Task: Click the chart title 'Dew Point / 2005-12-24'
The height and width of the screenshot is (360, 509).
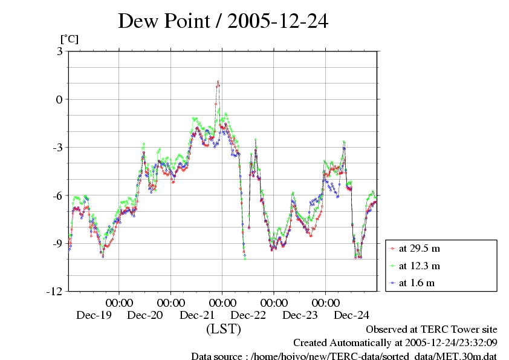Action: coord(222,22)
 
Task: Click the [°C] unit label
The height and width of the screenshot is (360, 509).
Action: coord(69,39)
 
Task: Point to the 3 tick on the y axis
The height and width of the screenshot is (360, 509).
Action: coord(59,51)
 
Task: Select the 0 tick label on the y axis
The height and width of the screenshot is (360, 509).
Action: coord(59,99)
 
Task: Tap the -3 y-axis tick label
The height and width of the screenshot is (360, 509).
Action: coord(57,148)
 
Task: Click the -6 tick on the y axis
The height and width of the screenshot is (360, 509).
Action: coord(57,195)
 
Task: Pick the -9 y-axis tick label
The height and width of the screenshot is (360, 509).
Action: coord(57,243)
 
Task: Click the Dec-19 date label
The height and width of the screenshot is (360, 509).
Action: coord(94,315)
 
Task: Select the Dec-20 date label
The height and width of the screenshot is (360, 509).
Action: coord(146,315)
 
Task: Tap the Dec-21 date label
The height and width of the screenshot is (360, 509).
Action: coord(197,315)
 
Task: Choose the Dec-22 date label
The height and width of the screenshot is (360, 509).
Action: coord(248,315)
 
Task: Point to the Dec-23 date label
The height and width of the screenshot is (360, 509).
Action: coord(300,315)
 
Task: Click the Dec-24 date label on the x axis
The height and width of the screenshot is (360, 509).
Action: coord(352,315)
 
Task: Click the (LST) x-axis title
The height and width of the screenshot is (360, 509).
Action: coord(223,329)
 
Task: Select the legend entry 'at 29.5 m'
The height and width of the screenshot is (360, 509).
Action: coord(419,249)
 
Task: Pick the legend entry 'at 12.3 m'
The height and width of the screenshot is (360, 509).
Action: coord(419,266)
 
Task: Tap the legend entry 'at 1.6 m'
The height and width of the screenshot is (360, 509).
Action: coord(417,283)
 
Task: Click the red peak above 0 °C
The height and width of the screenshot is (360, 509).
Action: coord(218,82)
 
